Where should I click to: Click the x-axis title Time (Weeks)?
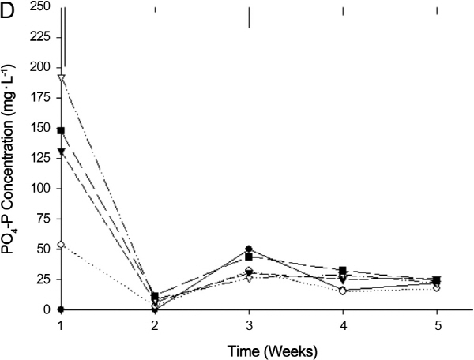[248, 348]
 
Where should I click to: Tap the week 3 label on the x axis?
[250, 324]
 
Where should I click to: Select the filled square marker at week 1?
[62, 130]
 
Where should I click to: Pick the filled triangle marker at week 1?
[62, 152]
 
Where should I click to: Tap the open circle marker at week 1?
[62, 245]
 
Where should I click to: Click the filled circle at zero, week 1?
[62, 309]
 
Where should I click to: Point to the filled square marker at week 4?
[343, 271]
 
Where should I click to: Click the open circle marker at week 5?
[437, 287]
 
